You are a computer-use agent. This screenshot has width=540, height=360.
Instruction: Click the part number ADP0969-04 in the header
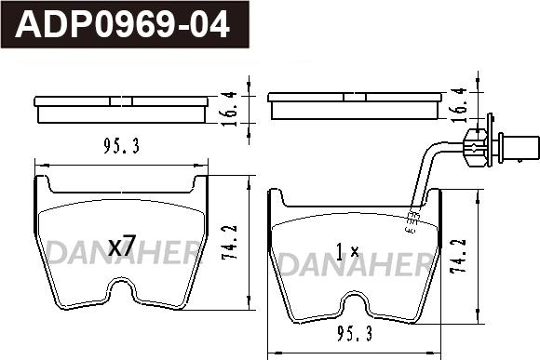click(x=122, y=24)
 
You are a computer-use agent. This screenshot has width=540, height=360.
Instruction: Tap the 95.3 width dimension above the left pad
click(x=122, y=147)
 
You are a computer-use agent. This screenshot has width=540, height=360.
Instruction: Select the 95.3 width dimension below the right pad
click(x=355, y=334)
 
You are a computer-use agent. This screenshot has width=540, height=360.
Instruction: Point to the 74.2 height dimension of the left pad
click(x=230, y=242)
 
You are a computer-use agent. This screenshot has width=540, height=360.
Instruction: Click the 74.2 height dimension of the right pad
click(x=459, y=256)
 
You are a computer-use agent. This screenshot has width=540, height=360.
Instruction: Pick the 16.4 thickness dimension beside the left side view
click(x=229, y=109)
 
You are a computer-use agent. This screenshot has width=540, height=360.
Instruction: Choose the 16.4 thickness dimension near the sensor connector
click(x=459, y=105)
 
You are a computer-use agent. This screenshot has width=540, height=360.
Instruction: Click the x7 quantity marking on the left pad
click(x=122, y=246)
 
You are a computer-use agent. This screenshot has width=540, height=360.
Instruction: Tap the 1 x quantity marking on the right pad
click(x=347, y=251)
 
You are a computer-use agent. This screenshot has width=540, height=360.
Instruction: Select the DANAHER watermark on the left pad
click(x=123, y=252)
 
